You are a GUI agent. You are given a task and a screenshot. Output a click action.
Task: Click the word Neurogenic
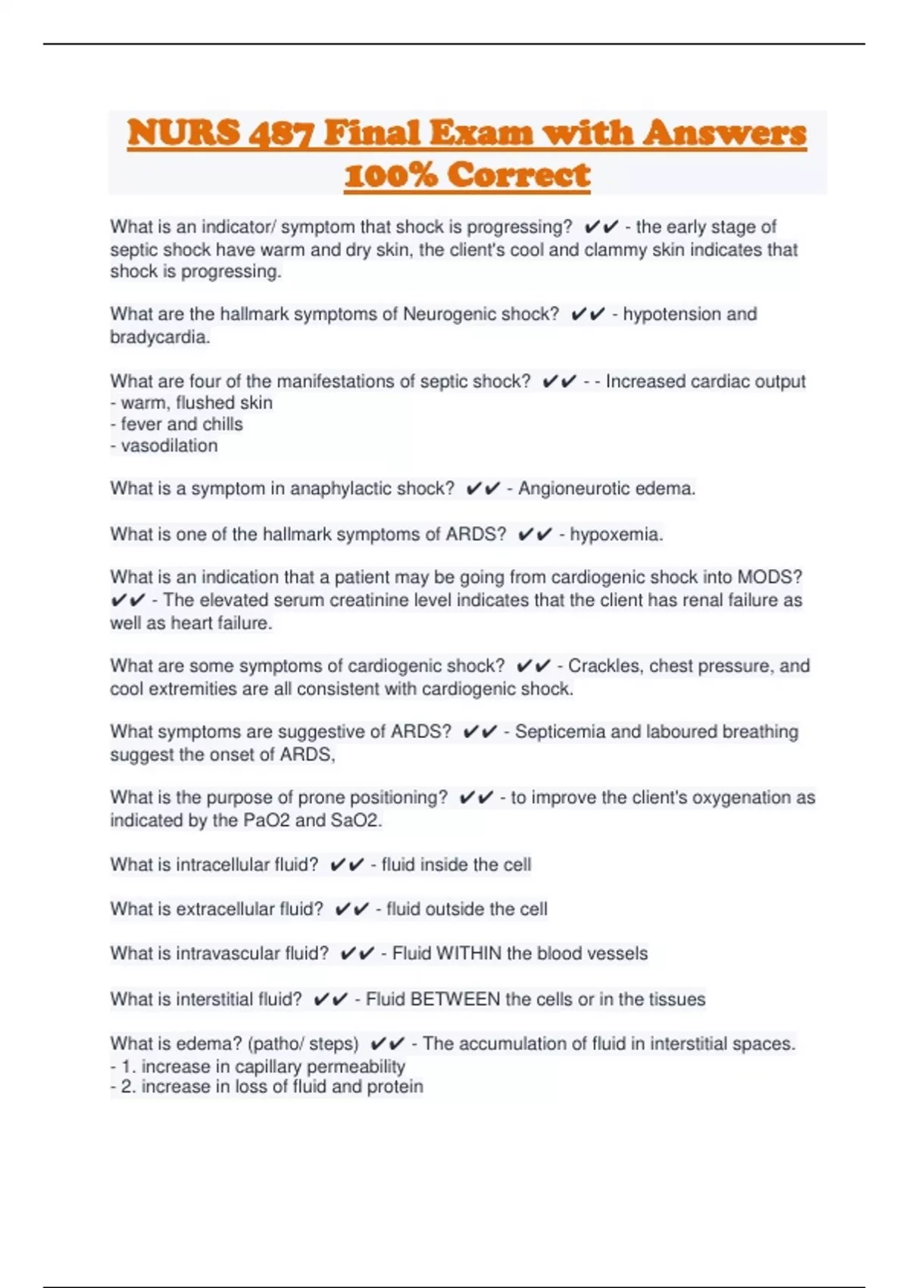click(x=451, y=314)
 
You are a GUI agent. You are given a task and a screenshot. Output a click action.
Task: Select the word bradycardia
click(x=158, y=337)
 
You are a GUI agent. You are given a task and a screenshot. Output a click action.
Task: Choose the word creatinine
click(x=390, y=600)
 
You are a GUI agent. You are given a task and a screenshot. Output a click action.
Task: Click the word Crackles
click(x=603, y=666)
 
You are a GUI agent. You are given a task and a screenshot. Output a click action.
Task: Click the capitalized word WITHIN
click(x=468, y=954)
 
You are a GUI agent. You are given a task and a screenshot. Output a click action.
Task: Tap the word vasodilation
click(x=169, y=446)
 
